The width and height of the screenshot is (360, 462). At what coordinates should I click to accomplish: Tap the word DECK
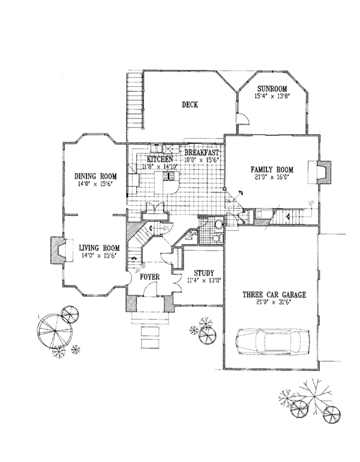pyautogui.click(x=190, y=105)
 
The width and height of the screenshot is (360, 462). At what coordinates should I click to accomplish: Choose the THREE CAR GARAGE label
pyautogui.click(x=275, y=295)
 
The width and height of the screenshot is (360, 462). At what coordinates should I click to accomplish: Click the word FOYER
pyautogui.click(x=149, y=278)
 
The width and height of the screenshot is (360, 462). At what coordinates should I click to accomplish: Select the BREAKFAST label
pyautogui.click(x=201, y=153)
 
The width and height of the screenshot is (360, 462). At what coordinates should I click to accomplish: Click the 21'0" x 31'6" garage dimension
pyautogui.click(x=275, y=303)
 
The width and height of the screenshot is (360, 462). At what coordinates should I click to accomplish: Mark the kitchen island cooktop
pyautogui.click(x=170, y=176)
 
